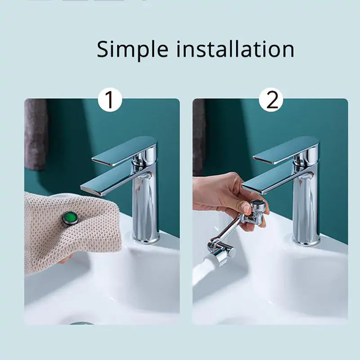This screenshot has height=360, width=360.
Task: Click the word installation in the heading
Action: coord(235,49)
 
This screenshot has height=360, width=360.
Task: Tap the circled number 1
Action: coord(110,100)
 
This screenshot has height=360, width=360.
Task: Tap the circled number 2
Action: coord(271,100)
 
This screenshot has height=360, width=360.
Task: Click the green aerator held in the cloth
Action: coord(69,219)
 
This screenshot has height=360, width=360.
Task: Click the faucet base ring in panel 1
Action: coord(146,239)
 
